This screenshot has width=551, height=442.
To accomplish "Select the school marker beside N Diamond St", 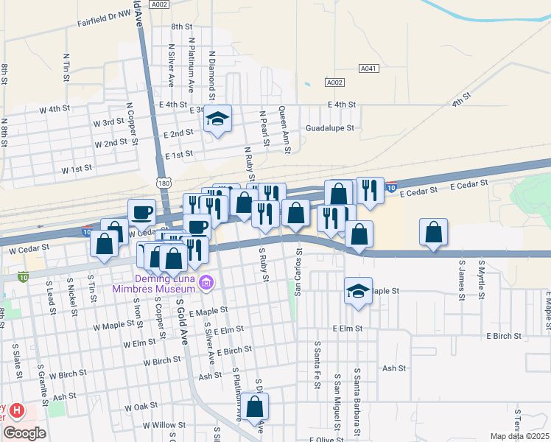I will point(218,120).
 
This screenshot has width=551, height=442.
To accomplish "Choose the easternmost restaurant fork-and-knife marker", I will point(371,190).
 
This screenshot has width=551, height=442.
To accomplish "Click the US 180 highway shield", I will point(164,181).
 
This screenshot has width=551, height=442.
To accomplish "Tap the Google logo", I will point(24,433).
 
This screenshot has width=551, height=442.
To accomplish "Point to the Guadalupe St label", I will point(330,127).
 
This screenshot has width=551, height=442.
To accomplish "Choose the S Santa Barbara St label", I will point(357,399).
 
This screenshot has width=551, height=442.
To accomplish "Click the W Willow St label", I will point(164,425).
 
